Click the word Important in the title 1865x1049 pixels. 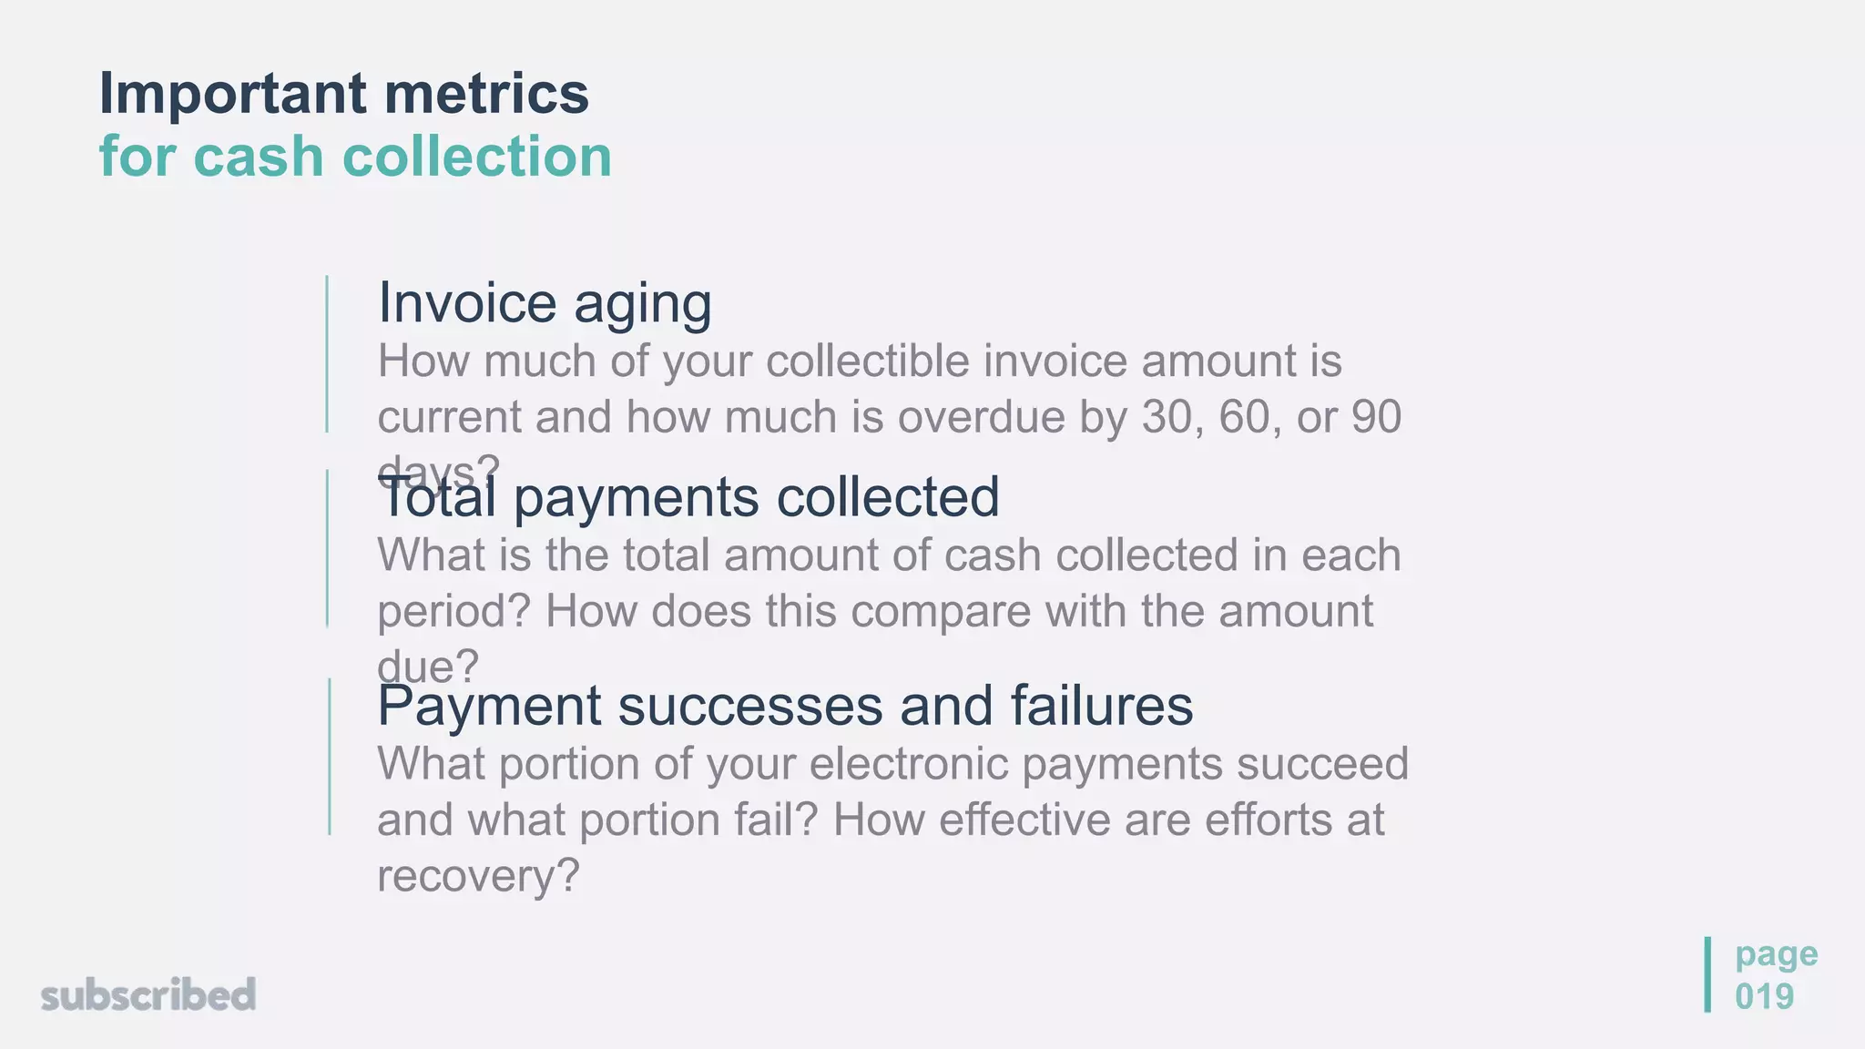(233, 94)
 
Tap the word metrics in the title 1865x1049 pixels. (486, 94)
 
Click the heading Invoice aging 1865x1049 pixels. (545, 303)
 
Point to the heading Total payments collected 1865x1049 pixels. (689, 498)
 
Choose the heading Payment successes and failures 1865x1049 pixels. (785, 706)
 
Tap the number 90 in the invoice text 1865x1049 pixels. (1376, 417)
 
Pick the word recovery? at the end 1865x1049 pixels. (478, 876)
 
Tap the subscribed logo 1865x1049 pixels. (148, 994)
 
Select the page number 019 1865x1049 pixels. (1764, 996)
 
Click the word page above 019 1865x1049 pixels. (1776, 954)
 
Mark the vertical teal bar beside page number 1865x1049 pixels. (1707, 974)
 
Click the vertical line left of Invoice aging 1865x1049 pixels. (327, 353)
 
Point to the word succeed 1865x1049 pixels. (1321, 764)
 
